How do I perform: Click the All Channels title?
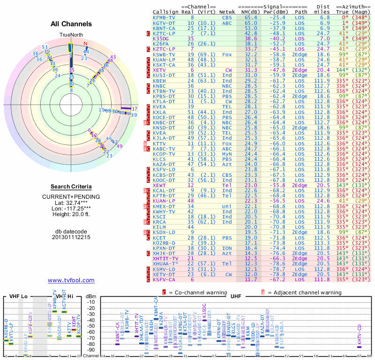(x=71, y=24)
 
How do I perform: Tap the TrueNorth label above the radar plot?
(x=70, y=36)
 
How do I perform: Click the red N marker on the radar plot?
(x=85, y=44)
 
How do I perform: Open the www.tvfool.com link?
(x=71, y=280)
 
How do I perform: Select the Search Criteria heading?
(x=71, y=187)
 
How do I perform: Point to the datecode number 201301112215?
(x=71, y=237)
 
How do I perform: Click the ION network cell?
(x=227, y=248)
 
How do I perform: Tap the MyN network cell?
(x=227, y=153)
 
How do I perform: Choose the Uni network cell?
(x=227, y=206)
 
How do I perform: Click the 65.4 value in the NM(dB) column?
(x=250, y=17)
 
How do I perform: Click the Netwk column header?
(x=227, y=12)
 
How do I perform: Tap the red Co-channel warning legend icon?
(x=165, y=292)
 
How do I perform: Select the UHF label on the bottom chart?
(x=236, y=296)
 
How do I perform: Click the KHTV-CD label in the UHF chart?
(x=360, y=333)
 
